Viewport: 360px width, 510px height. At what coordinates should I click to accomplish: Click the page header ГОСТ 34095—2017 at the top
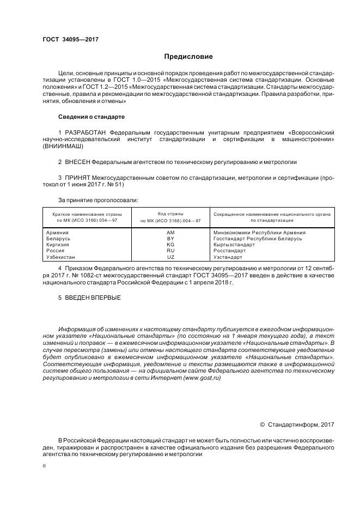coord(70,39)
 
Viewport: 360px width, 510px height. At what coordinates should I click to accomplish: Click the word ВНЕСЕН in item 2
coord(77,162)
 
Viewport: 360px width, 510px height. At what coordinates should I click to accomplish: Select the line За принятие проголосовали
coord(98,200)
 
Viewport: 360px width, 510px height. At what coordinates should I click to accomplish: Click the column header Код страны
coord(170,214)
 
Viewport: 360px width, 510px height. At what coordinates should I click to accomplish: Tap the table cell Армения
coord(58,233)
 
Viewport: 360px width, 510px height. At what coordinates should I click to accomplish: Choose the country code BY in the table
coord(170,239)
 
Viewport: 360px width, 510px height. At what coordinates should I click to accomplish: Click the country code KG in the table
coord(170,245)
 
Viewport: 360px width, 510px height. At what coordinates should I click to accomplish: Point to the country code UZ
coord(170,257)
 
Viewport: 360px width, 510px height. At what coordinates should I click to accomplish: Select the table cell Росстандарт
coord(230,251)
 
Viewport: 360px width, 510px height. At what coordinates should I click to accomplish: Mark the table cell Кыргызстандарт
coord(234,245)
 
